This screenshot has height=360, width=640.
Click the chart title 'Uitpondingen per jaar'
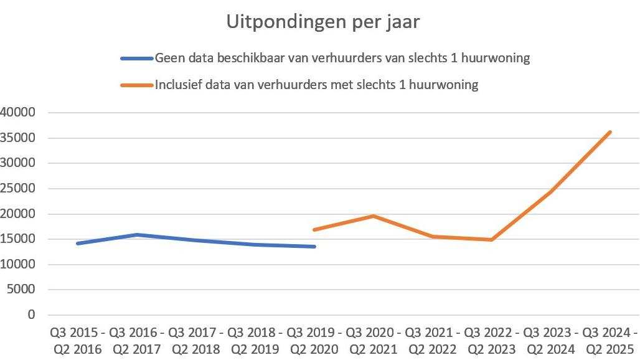click(x=322, y=22)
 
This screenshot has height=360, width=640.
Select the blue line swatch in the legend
click(x=136, y=59)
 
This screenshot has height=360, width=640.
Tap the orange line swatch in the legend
click(x=136, y=85)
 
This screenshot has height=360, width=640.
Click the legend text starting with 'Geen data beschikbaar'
click(x=342, y=59)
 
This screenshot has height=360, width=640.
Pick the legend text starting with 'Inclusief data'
click(x=316, y=85)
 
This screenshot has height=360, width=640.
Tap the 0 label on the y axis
click(x=32, y=315)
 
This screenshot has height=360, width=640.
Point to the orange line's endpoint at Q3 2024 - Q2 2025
click(x=610, y=132)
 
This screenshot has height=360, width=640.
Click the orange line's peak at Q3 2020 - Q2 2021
click(x=373, y=216)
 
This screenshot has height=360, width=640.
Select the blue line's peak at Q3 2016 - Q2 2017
click(x=136, y=235)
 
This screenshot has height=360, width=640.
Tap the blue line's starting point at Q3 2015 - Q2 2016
click(x=78, y=244)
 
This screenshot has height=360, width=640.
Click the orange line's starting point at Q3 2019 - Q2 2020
click(x=314, y=230)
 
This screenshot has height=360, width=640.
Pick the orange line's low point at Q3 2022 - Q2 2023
click(x=491, y=240)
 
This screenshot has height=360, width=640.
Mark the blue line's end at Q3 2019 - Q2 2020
click(x=314, y=247)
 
